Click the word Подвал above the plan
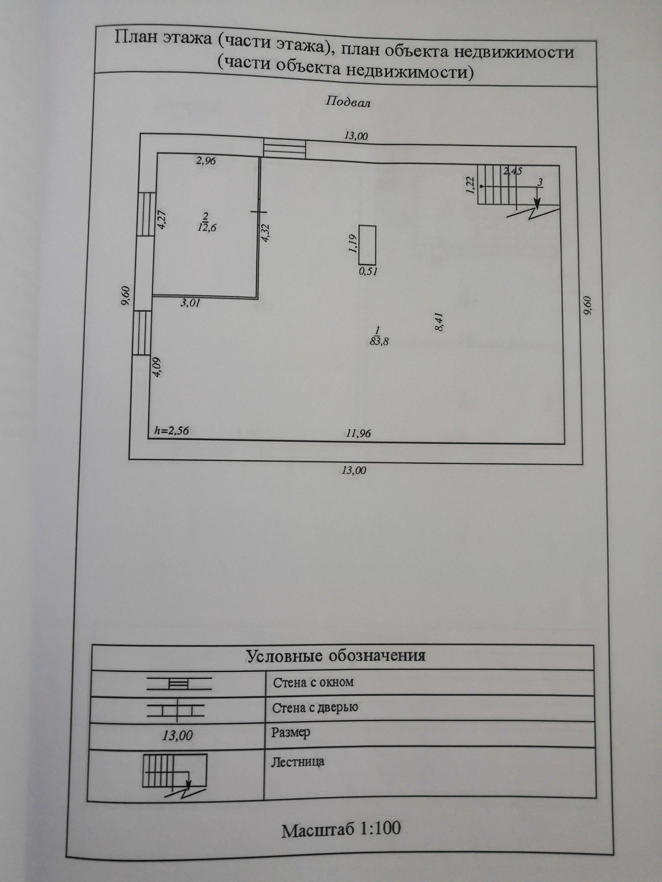coord(348,103)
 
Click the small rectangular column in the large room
coord(367,244)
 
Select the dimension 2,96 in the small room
coord(204,162)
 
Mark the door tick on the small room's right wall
coord(258,212)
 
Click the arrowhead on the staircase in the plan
coord(537,204)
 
